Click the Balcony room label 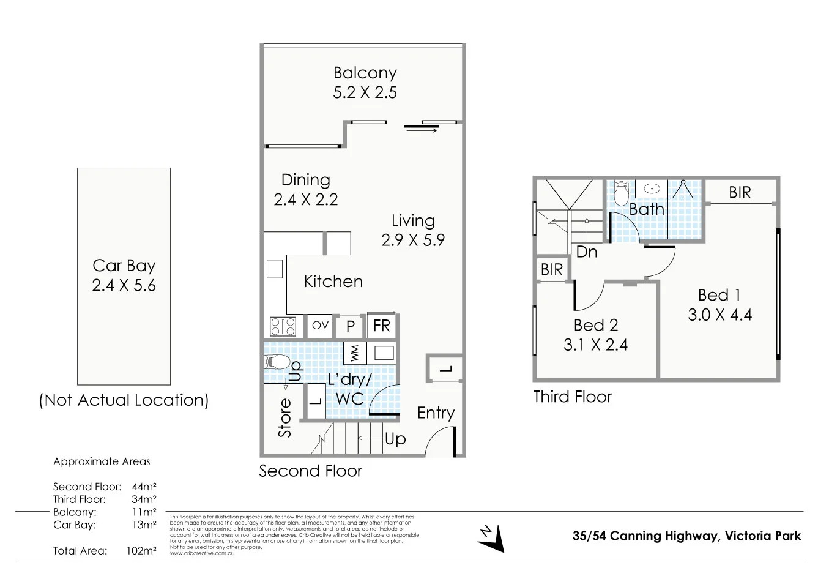coord(365,73)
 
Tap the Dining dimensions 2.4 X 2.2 coord(305,200)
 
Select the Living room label coord(413,221)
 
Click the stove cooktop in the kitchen coord(283,326)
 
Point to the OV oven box coord(320,326)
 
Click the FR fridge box coord(381,326)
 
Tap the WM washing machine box coord(354,353)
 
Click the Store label coord(285,417)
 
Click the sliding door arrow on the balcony coord(421,129)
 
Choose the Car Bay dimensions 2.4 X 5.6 coord(124,286)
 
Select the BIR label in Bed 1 coord(740,193)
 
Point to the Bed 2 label coord(595,325)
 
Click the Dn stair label coord(587,252)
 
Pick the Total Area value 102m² coord(141,551)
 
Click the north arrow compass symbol coord(492,538)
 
